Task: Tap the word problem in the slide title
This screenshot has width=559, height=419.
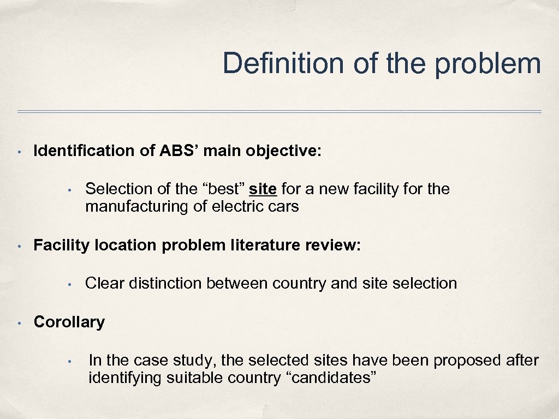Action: (x=488, y=63)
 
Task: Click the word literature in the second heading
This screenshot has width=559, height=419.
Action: (x=260, y=246)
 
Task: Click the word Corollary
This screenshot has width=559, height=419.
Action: (x=69, y=322)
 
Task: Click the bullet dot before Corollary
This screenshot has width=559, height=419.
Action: (x=19, y=322)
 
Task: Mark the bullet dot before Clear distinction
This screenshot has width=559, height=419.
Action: (x=70, y=284)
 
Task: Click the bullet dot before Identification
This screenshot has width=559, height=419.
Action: (x=19, y=152)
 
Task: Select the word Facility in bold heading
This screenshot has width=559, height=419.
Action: (x=62, y=246)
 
